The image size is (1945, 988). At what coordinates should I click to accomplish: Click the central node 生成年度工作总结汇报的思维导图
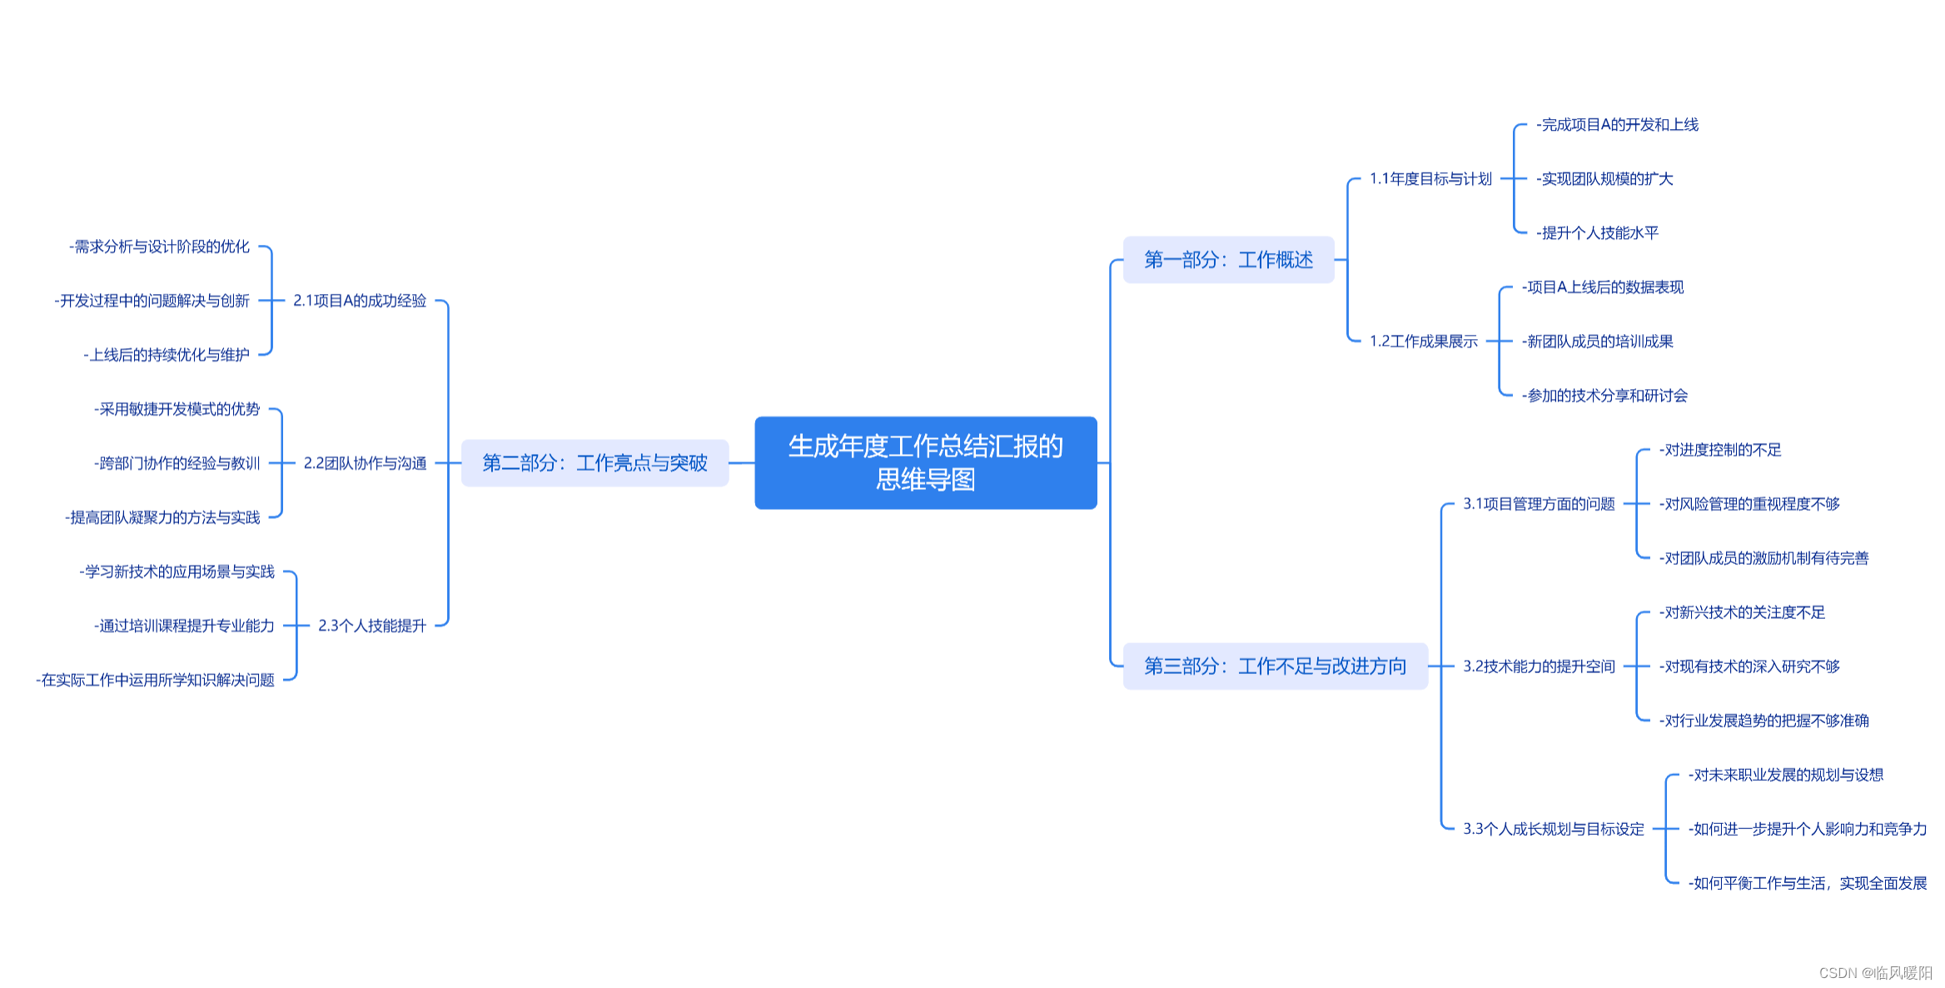[925, 462]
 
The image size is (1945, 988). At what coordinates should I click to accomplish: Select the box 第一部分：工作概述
[1228, 260]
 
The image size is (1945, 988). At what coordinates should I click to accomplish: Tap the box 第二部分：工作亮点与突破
[594, 463]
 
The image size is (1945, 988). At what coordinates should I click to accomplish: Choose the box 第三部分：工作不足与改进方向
[1275, 666]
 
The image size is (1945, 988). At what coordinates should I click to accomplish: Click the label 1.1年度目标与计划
[1430, 179]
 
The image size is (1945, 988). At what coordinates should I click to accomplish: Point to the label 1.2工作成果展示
[1423, 342]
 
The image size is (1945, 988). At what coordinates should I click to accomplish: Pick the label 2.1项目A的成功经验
[360, 301]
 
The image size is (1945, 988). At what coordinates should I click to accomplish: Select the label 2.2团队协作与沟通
[365, 463]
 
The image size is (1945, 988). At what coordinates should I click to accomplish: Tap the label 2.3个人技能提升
[372, 626]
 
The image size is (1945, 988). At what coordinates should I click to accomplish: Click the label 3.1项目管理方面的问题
[1539, 504]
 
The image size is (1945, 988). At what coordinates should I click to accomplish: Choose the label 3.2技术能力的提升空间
[1539, 666]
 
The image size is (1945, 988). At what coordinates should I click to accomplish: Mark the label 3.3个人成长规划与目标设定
[1554, 829]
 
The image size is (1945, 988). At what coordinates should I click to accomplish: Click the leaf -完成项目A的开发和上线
[1617, 125]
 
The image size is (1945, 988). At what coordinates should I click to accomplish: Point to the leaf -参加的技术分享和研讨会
[1604, 396]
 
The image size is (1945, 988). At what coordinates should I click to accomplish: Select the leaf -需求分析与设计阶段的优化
[159, 247]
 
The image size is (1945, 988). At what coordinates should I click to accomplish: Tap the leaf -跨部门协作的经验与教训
[177, 463]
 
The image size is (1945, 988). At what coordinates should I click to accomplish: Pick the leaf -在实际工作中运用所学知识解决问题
[155, 681]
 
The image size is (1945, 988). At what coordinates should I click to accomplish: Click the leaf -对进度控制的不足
[1720, 450]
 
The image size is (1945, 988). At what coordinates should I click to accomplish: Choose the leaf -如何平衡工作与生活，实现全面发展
[1807, 883]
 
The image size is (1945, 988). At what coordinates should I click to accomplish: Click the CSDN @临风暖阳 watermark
[1875, 973]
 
